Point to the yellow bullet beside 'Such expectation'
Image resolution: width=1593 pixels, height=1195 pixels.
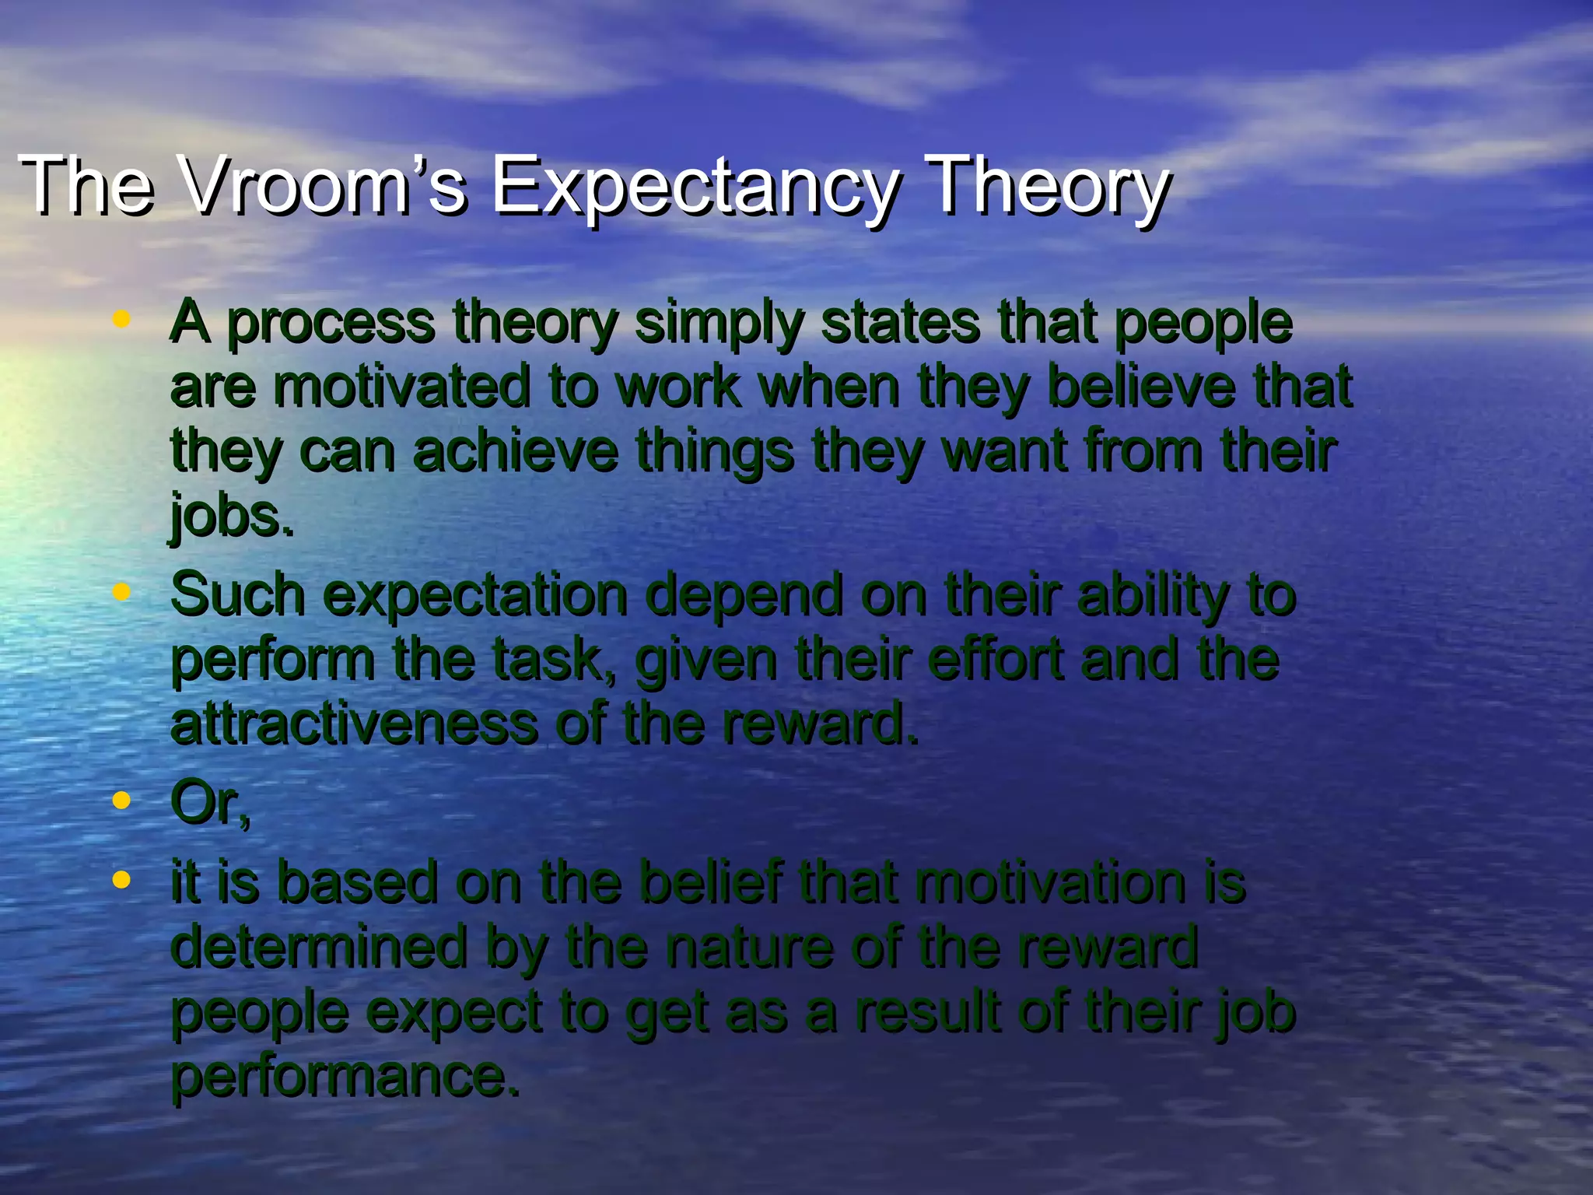pos(120,592)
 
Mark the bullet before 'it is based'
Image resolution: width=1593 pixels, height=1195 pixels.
pos(120,880)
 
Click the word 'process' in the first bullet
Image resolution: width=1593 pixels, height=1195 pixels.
pos(331,324)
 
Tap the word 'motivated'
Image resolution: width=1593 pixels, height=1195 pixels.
pos(401,387)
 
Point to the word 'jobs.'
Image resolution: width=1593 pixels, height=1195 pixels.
pos(232,517)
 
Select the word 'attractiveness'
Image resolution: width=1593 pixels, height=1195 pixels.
pos(354,724)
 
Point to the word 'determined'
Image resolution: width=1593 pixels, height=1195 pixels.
pos(318,947)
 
